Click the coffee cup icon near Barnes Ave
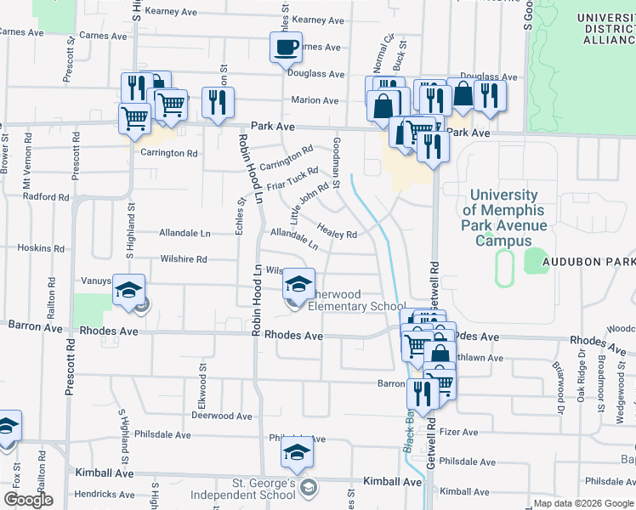(x=286, y=47)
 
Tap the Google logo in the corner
(x=28, y=500)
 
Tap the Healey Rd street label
(x=337, y=230)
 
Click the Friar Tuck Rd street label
(x=292, y=178)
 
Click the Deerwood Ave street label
(x=221, y=416)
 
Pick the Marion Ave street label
(x=315, y=100)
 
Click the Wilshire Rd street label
(x=184, y=259)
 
